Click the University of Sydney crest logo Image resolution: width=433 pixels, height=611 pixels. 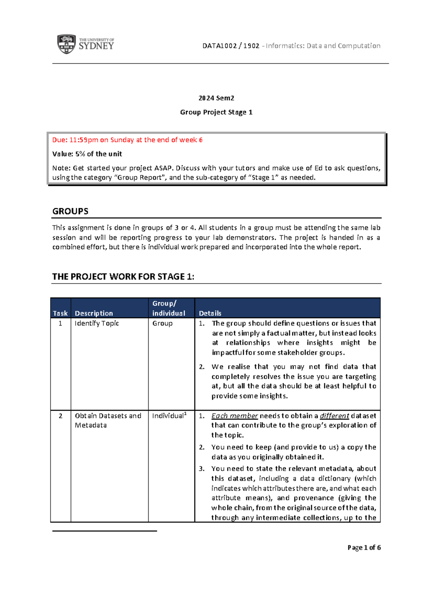(x=66, y=44)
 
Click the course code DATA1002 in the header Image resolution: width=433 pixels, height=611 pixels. (x=219, y=46)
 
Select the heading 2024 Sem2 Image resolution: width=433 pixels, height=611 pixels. (x=216, y=98)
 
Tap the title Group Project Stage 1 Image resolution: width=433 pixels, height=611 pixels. (x=216, y=112)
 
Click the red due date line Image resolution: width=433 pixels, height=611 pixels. (x=127, y=140)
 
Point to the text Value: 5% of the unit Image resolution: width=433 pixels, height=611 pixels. (x=87, y=154)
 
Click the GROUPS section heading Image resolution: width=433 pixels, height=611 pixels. (x=70, y=211)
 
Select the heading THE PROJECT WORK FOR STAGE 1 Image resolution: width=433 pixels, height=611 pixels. (x=123, y=277)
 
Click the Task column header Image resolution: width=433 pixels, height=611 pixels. (x=60, y=313)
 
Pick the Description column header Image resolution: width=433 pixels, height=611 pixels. (x=94, y=313)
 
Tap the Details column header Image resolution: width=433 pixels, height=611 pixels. (x=210, y=313)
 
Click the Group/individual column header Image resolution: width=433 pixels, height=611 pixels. (x=169, y=308)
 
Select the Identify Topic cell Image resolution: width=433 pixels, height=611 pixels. (x=97, y=323)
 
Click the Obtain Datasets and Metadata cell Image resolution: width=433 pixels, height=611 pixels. (x=108, y=420)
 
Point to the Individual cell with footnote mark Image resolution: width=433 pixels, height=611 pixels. (x=169, y=416)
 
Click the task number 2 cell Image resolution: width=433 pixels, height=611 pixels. (x=60, y=416)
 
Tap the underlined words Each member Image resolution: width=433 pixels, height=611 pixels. (x=235, y=416)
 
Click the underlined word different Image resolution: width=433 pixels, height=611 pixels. (x=334, y=416)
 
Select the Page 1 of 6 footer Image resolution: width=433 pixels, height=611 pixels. (x=364, y=548)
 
